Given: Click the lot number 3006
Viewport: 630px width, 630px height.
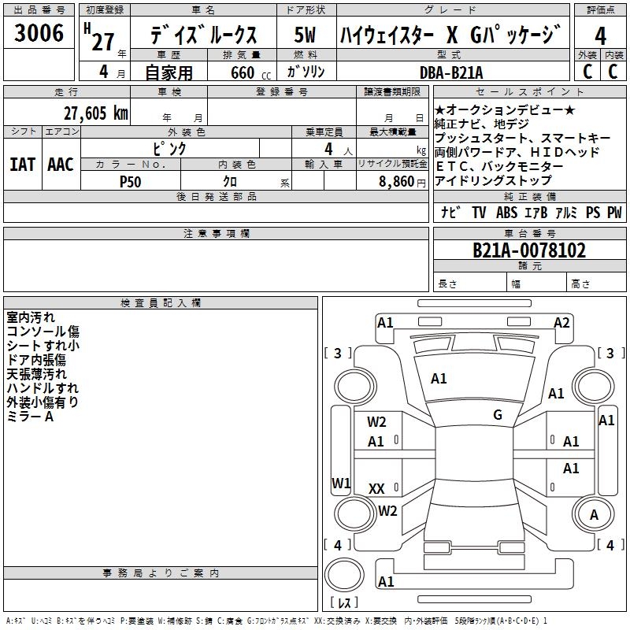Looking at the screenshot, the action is click(x=39, y=33).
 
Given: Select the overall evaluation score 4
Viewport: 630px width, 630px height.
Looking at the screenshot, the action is click(x=600, y=36).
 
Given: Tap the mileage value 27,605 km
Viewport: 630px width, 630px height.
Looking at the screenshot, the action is click(x=96, y=113).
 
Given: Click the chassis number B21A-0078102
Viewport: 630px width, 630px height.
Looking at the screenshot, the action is click(x=529, y=250).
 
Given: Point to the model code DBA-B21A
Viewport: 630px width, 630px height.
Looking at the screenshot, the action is click(x=451, y=72).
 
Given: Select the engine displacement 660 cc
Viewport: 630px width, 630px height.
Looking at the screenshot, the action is click(x=250, y=73).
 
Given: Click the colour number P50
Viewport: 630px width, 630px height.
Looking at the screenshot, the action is click(x=130, y=182).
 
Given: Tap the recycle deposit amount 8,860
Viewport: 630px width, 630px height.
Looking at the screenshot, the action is click(x=396, y=182).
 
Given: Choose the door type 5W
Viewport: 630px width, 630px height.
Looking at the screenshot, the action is click(x=305, y=35).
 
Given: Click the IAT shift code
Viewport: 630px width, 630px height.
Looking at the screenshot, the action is click(x=23, y=165).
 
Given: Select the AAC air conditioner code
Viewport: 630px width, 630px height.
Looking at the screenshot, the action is click(x=61, y=165).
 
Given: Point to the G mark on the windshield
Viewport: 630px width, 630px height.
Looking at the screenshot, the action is click(x=498, y=414).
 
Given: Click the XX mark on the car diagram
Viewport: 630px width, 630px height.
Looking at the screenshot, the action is click(x=376, y=488).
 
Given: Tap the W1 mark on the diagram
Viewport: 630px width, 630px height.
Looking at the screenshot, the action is click(x=341, y=483).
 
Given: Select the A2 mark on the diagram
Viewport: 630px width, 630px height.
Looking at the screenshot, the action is click(x=561, y=323).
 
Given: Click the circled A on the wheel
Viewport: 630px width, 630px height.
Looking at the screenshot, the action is click(x=594, y=514).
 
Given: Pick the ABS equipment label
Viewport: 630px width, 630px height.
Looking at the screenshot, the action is click(x=506, y=212).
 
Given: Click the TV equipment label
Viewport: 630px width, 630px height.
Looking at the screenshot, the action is click(x=479, y=212).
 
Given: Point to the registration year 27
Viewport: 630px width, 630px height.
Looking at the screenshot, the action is click(x=103, y=42).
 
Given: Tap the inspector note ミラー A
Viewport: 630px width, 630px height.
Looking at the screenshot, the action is click(x=30, y=417).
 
